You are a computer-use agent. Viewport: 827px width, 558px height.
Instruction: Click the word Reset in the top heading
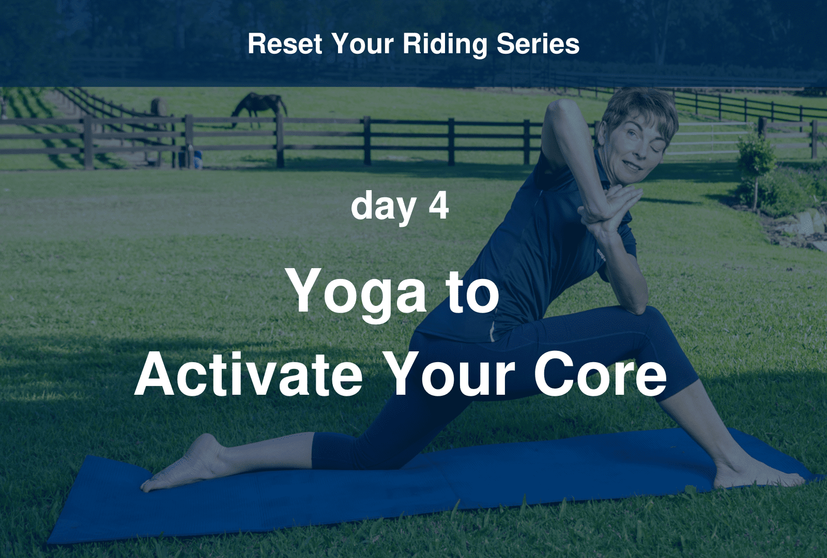[285, 44]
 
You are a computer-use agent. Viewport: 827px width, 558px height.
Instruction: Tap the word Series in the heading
[538, 44]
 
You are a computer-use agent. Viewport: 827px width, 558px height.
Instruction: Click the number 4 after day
[438, 205]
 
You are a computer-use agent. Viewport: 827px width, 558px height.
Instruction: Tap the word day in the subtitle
[383, 206]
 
